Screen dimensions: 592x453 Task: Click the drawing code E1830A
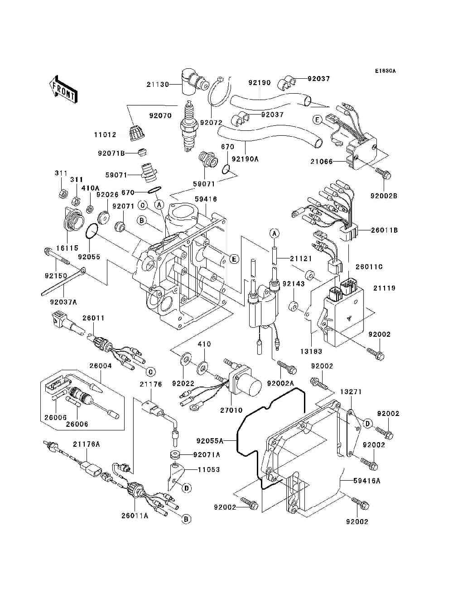tap(385, 71)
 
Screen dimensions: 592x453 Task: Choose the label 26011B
tap(384, 230)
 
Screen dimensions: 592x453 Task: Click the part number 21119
tap(384, 288)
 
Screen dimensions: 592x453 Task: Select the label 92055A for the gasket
tap(210, 440)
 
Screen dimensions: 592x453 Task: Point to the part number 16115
tap(67, 248)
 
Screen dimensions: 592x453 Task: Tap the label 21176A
tap(86, 444)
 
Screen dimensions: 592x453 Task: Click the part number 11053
tap(208, 469)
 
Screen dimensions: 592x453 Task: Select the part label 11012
tap(105, 135)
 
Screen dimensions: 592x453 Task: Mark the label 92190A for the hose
tap(245, 159)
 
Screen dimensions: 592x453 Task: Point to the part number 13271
tap(351, 391)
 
